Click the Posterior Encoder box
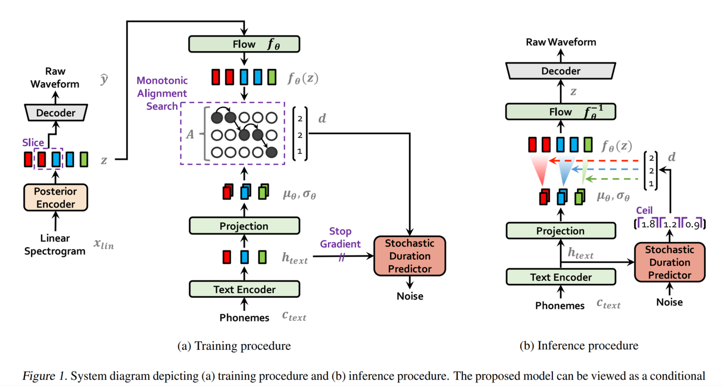[56, 198]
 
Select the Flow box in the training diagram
[244, 44]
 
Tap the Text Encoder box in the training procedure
[244, 289]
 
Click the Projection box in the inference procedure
[560, 231]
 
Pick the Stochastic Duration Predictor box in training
[410, 256]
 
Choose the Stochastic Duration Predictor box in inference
[669, 262]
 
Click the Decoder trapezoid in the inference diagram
[560, 71]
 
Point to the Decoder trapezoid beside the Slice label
[56, 113]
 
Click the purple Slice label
[33, 143]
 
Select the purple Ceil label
[645, 211]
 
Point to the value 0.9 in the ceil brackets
[692, 225]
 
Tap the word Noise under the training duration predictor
[410, 296]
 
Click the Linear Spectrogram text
[56, 245]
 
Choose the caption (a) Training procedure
[234, 346]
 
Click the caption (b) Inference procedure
[578, 346]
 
